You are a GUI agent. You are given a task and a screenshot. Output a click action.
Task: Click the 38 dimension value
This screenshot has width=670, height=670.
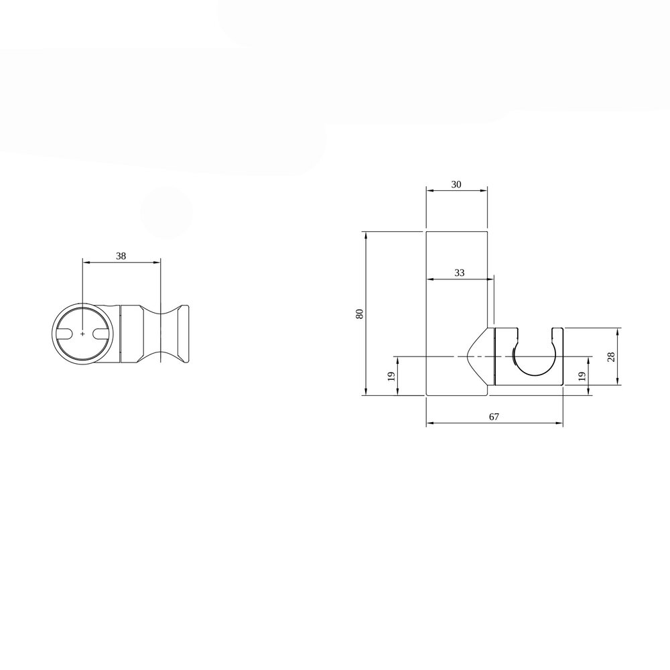pyautogui.click(x=121, y=256)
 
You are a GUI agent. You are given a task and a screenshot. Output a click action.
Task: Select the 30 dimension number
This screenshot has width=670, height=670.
pyautogui.click(x=456, y=184)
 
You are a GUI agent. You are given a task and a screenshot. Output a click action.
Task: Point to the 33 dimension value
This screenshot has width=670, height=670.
pyautogui.click(x=460, y=273)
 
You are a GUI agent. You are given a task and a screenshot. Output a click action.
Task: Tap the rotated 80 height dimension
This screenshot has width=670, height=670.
pyautogui.click(x=359, y=313)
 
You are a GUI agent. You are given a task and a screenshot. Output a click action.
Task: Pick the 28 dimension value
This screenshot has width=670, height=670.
pyautogui.click(x=610, y=356)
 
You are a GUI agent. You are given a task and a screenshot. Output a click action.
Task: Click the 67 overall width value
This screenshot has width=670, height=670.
pyautogui.click(x=494, y=417)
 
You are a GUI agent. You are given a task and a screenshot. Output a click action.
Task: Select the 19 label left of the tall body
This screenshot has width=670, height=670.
pyautogui.click(x=391, y=377)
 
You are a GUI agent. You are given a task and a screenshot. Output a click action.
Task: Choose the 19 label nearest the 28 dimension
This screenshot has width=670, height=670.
pyautogui.click(x=581, y=377)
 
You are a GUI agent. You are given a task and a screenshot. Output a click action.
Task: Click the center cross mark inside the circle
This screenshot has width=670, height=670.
pyautogui.click(x=82, y=334)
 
